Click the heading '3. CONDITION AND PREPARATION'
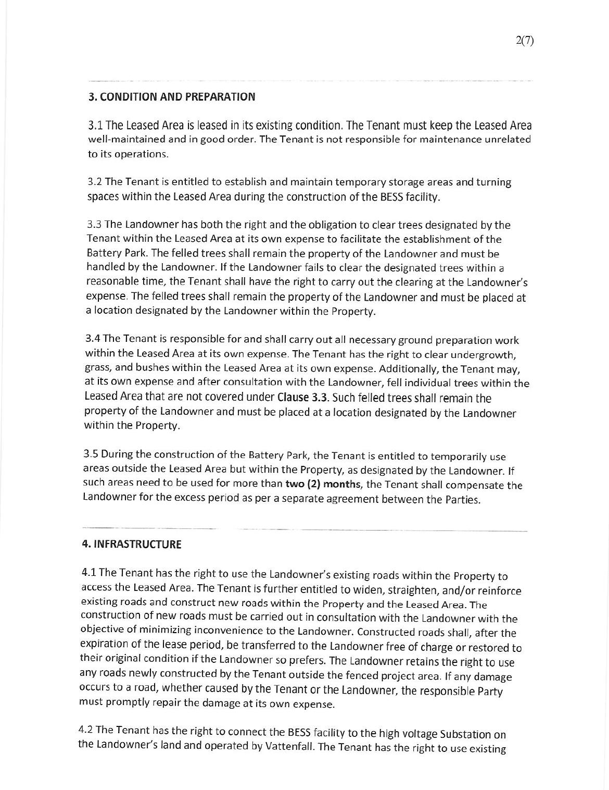pos(172,97)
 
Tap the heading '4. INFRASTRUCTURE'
pos(132,545)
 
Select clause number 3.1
pos(96,126)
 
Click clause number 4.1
pos(89,573)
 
